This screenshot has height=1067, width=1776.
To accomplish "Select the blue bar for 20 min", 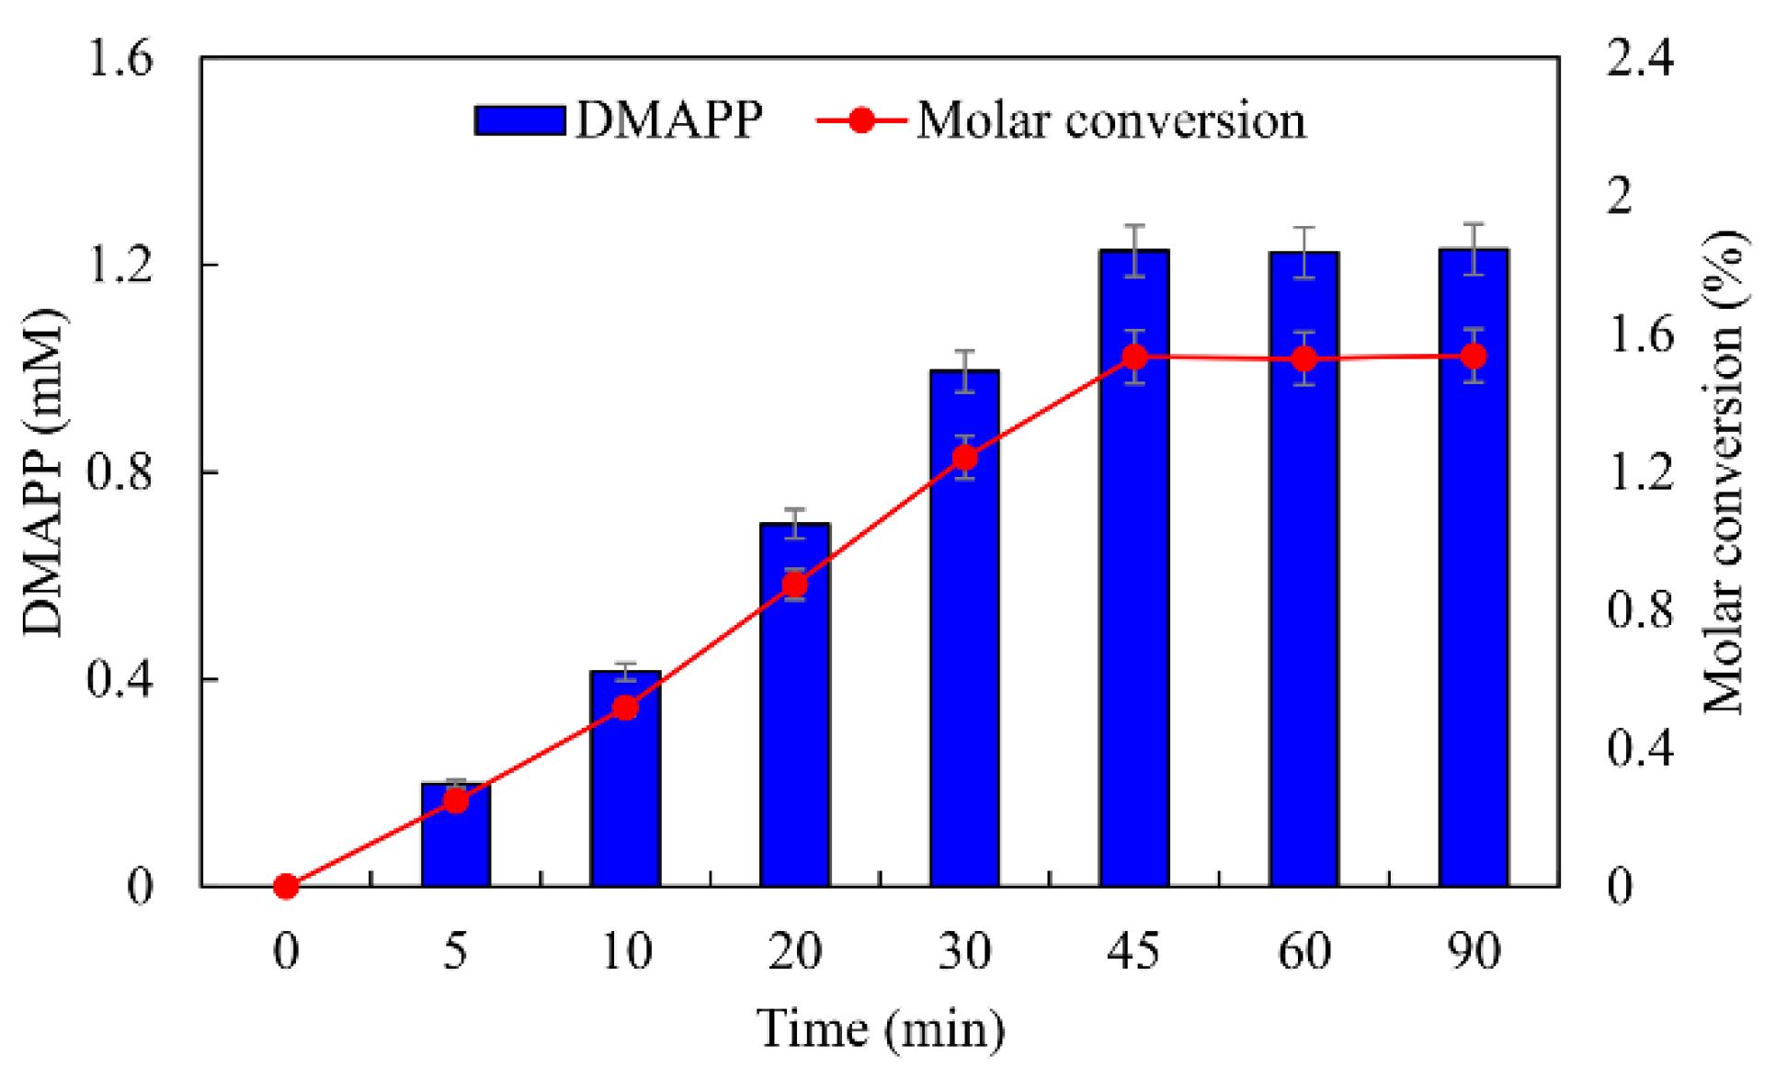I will click(795, 735).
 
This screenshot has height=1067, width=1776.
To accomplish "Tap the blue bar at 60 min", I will click(1304, 597).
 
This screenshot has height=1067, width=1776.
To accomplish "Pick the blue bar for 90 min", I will click(1474, 597).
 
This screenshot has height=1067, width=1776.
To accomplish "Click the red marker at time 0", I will click(286, 886).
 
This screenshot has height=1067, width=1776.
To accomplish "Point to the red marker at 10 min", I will click(625, 707).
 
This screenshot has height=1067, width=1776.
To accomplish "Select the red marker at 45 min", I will click(1134, 356).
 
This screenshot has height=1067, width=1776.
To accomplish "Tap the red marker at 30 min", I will click(964, 457).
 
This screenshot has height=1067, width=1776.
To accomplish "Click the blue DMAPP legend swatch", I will click(519, 120).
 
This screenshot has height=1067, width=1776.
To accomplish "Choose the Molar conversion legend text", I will click(1110, 120).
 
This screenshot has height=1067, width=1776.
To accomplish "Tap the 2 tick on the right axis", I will click(1620, 196).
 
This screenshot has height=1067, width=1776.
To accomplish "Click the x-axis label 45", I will click(1134, 950).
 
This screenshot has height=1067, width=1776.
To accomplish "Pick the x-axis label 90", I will click(1474, 950).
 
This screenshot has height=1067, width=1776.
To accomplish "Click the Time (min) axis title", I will click(880, 1028).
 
